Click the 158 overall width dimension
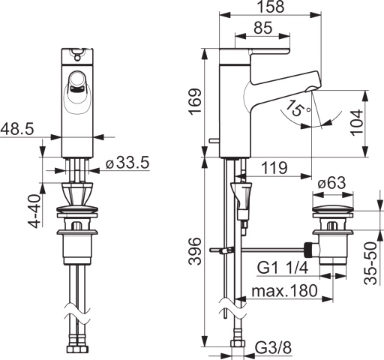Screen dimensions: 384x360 (x=271, y=7)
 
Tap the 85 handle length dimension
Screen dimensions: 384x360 (x=263, y=28)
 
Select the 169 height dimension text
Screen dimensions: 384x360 (x=195, y=102)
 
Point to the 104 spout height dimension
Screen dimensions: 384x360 (x=356, y=123)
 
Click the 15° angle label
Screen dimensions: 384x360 (x=298, y=108)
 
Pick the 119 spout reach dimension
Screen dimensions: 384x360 (x=274, y=168)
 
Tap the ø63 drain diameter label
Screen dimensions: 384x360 (x=331, y=183)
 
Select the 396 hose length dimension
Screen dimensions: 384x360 (x=195, y=251)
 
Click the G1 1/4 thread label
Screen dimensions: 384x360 (x=283, y=268)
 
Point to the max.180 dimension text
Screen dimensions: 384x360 (x=284, y=291)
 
